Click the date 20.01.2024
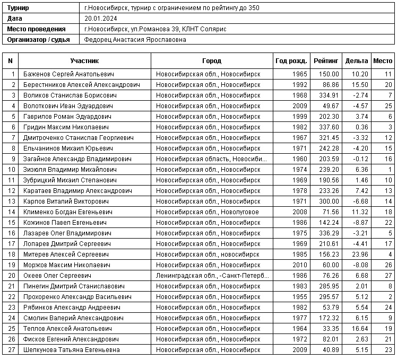(x=100, y=19)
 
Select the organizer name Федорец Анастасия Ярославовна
(x=135, y=40)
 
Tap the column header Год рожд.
(x=291, y=61)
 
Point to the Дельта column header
(x=356, y=61)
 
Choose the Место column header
(x=383, y=61)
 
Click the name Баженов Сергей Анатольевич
(x=69, y=74)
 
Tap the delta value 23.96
(x=359, y=254)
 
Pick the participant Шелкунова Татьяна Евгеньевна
(x=72, y=350)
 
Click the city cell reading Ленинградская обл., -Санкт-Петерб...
(x=212, y=276)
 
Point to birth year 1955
(x=300, y=297)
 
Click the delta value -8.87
(x=360, y=223)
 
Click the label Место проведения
(x=37, y=29)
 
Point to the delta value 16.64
(x=359, y=329)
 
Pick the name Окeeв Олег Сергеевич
(x=57, y=276)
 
